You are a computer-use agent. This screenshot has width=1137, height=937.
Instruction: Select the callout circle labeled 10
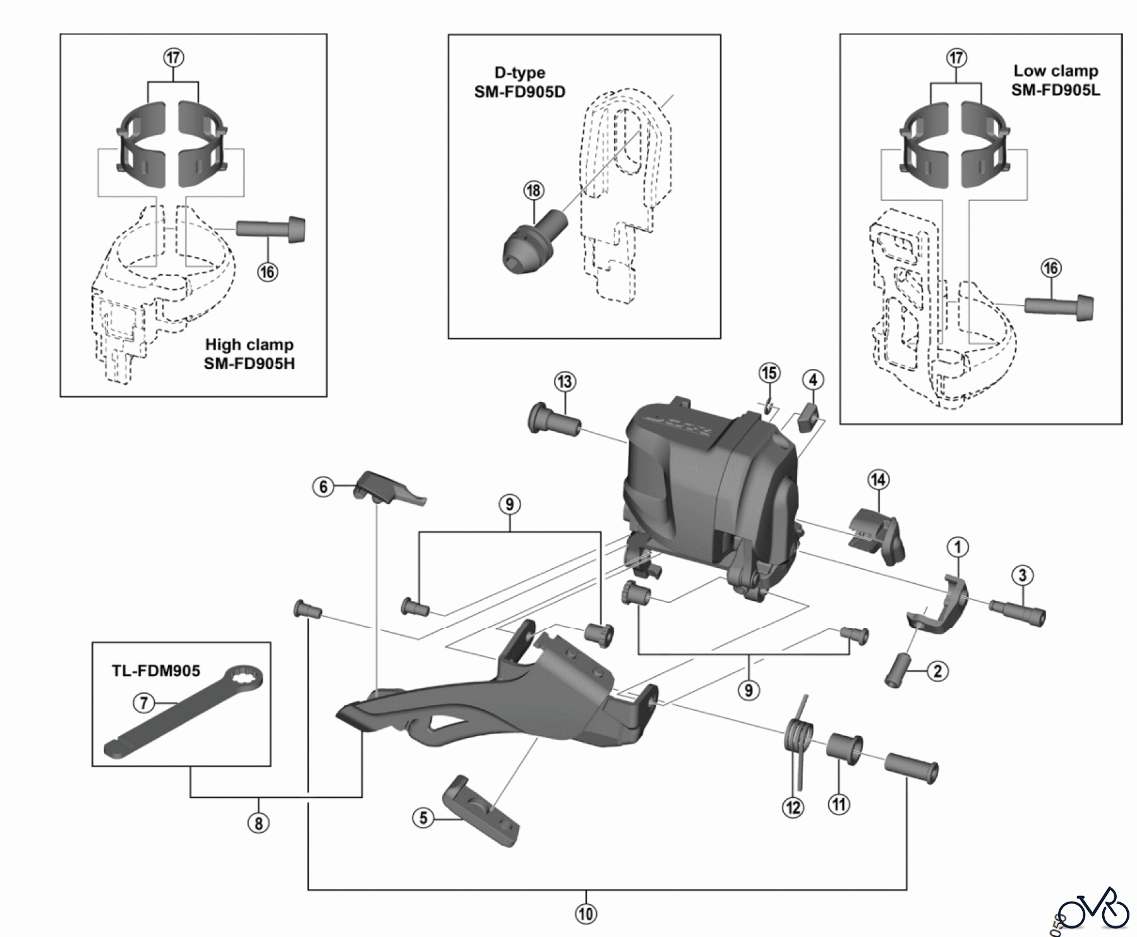(x=586, y=913)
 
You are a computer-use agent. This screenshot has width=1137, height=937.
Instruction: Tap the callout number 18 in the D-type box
(x=534, y=190)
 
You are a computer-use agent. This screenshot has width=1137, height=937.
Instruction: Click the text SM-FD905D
(x=520, y=92)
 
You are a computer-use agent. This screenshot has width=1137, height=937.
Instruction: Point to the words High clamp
(x=249, y=345)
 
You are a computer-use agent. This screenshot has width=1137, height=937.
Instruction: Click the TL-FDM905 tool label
(x=156, y=670)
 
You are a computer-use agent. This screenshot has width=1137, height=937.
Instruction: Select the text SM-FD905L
(x=1056, y=90)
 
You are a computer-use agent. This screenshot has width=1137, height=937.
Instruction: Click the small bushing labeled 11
(x=845, y=749)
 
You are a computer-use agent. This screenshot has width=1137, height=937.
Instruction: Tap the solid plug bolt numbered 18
(x=531, y=243)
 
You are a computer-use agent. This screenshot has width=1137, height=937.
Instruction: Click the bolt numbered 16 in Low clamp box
(x=1058, y=307)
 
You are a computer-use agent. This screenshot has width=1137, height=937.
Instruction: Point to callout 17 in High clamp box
(x=173, y=57)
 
